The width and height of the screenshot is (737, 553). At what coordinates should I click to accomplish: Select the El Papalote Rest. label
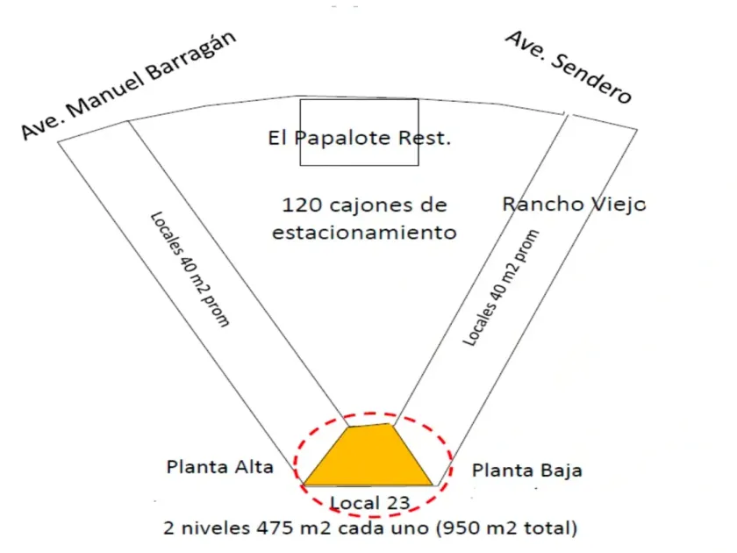[x=360, y=139]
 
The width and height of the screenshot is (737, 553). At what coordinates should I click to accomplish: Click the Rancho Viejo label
[x=574, y=205]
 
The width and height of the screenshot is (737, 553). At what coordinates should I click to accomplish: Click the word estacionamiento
[x=364, y=233]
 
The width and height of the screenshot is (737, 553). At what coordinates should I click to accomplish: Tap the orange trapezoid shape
[x=369, y=456]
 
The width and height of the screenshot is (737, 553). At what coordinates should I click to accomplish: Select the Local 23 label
[x=368, y=503]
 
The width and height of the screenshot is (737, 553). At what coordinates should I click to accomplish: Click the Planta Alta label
[x=220, y=467]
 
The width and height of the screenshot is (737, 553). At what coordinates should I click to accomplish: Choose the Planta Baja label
[x=527, y=470]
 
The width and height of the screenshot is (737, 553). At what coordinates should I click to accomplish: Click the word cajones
[x=368, y=205]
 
